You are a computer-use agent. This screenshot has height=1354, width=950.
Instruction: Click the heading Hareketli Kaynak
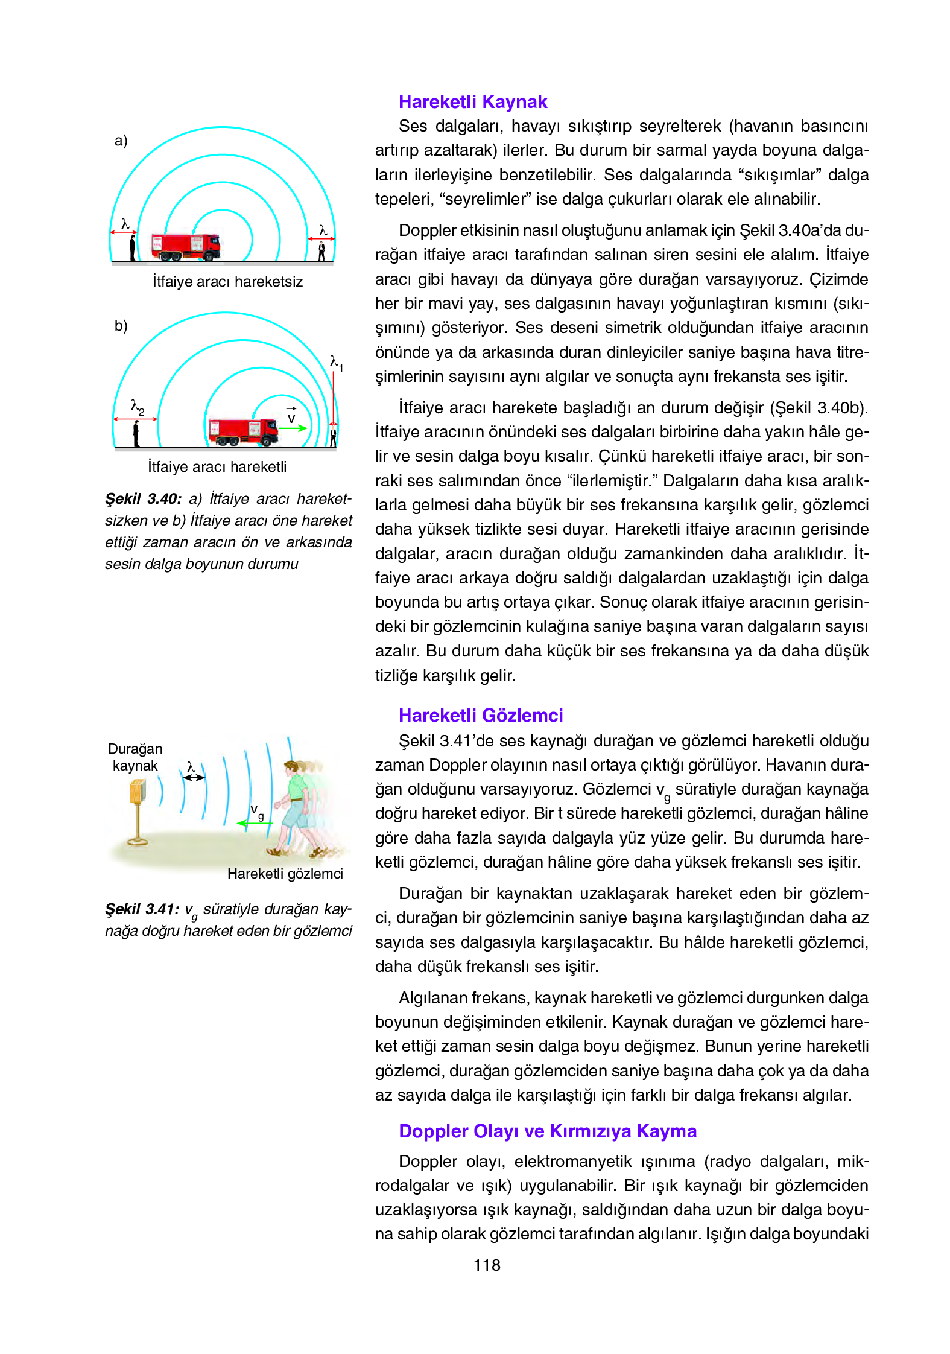pos(473,102)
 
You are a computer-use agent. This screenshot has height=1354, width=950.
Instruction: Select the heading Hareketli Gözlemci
pos(481,716)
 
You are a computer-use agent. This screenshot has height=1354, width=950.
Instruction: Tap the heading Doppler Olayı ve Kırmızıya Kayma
pos(548,1131)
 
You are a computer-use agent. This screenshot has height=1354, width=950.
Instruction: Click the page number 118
pos(487,1265)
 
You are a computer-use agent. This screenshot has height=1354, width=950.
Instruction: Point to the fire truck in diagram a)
pos(186,247)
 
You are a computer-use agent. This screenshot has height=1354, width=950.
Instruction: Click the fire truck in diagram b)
pos(242,431)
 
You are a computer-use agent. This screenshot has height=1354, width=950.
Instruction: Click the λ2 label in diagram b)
pos(138,407)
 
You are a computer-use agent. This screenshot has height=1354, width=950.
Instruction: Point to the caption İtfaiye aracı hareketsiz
pos(227,282)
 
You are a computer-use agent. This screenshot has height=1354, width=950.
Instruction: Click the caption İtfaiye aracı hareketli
pos(217,467)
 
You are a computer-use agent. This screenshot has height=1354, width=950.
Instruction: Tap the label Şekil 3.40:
pos(144,499)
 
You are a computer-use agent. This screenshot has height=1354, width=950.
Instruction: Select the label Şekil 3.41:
pos(142,909)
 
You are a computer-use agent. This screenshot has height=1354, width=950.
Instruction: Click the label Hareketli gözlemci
pos(285,874)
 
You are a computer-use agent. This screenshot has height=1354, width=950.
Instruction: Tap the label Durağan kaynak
pos(135,757)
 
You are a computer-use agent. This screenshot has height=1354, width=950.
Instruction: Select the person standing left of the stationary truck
pos(132,248)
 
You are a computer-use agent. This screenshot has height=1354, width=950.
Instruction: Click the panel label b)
pos(121,326)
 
